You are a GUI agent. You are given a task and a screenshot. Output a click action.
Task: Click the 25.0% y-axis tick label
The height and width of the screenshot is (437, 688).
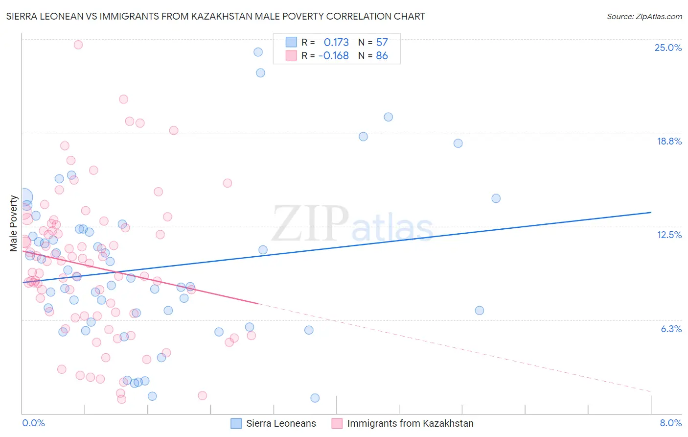pyautogui.click(x=668, y=48)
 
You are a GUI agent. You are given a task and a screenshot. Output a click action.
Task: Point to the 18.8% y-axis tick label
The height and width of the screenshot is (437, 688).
pyautogui.click(x=669, y=141)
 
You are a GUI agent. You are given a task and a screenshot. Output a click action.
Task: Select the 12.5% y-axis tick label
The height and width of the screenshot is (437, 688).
pyautogui.click(x=669, y=235)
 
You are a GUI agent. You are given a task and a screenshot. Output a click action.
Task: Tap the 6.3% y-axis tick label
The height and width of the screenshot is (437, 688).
pyautogui.click(x=671, y=329)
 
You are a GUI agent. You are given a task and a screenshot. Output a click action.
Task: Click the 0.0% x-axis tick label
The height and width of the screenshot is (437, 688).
pyautogui.click(x=33, y=423)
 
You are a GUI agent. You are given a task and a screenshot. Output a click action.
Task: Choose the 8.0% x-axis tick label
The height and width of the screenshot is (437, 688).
pyautogui.click(x=670, y=423)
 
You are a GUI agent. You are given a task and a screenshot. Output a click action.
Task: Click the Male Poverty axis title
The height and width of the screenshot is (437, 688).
pyautogui.click(x=14, y=223)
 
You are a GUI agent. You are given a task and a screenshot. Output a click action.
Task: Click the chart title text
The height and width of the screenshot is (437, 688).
pyautogui.click(x=215, y=16)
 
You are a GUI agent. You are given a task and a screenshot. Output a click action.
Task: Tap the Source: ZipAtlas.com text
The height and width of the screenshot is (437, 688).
pyautogui.click(x=644, y=16)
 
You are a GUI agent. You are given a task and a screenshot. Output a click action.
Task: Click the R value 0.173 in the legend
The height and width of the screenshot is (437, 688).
pyautogui.click(x=336, y=42)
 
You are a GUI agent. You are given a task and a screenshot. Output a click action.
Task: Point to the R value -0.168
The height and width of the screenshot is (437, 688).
pyautogui.click(x=334, y=55)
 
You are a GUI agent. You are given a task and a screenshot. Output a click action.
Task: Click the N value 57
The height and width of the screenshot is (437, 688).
pyautogui.click(x=382, y=42)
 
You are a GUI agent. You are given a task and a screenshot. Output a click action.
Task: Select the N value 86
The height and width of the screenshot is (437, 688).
pyautogui.click(x=382, y=55)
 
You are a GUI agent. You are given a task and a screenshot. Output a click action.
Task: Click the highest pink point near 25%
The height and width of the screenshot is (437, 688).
pyautogui.click(x=78, y=45)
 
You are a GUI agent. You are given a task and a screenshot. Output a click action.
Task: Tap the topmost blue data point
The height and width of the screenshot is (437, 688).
pyautogui.click(x=258, y=52)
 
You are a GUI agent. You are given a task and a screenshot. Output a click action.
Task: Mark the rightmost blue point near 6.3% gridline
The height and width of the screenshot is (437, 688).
pyautogui.click(x=480, y=311)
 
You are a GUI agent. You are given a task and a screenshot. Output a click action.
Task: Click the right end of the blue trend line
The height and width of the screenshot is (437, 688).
pyautogui.click(x=651, y=212)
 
